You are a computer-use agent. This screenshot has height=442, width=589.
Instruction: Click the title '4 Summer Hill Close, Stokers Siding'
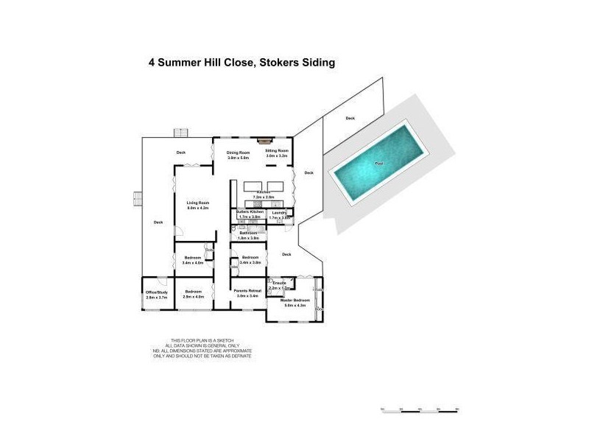(241, 63)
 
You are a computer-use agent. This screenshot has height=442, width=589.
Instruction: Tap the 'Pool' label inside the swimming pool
(379, 163)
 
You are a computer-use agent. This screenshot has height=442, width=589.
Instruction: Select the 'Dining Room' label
(238, 152)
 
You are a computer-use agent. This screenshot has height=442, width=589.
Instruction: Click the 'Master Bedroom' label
(295, 301)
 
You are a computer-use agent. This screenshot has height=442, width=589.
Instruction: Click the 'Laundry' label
(279, 213)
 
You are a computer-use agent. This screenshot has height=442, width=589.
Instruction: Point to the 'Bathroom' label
(248, 233)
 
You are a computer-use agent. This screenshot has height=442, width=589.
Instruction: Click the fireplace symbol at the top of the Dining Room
(264, 139)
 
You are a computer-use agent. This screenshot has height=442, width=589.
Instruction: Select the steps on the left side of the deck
(136, 199)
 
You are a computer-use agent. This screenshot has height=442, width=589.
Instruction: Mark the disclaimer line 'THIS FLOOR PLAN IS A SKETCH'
(202, 340)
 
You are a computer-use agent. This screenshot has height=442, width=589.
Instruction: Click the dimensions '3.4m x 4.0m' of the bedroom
(193, 262)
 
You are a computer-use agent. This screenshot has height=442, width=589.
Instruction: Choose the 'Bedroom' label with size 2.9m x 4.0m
(193, 292)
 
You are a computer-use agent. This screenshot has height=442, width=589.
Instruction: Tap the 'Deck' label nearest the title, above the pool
(350, 118)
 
